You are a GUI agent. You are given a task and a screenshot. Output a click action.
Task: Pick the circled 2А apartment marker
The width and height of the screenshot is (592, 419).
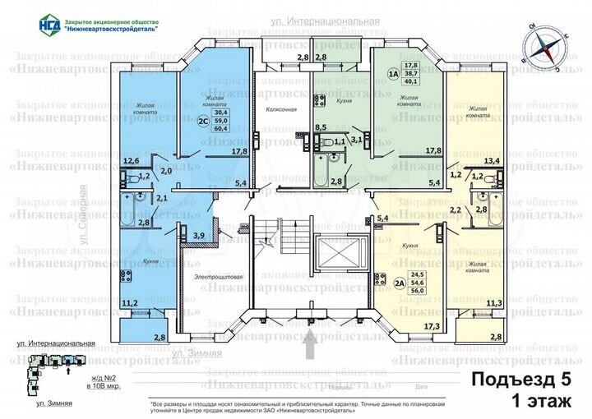click(401, 285)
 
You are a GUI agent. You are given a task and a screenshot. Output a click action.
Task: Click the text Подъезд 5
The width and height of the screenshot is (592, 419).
click(519, 380)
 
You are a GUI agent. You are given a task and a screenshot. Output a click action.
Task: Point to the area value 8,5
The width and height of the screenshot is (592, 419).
click(321, 127)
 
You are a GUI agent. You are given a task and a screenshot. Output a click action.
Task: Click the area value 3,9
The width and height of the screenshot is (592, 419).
click(197, 236)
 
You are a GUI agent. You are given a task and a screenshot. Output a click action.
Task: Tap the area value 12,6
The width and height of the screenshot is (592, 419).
click(129, 161)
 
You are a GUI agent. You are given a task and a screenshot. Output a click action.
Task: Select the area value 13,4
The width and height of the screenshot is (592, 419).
click(493, 161)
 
